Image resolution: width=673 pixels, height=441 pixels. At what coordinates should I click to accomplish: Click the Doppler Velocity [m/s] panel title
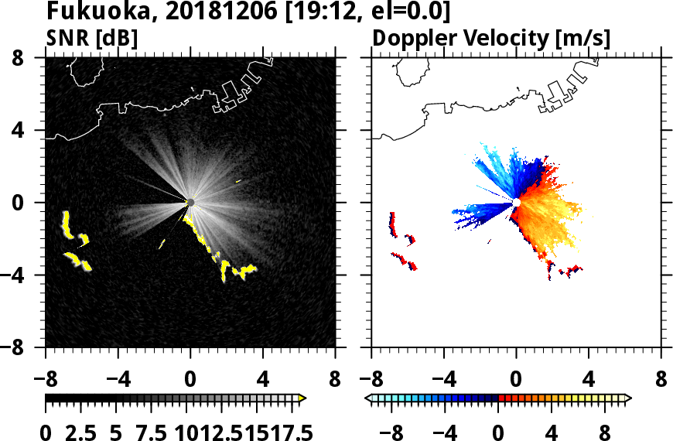(x=492, y=38)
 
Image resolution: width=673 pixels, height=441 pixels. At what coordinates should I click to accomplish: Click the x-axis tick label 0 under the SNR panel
(x=190, y=381)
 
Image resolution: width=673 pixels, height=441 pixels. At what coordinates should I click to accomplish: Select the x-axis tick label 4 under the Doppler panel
(x=589, y=381)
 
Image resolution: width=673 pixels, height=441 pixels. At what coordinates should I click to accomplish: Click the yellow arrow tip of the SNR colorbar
(x=302, y=398)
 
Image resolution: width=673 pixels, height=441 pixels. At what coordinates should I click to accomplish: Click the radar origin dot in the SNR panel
(x=190, y=203)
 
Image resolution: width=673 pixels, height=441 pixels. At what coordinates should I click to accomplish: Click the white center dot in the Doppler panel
(x=516, y=203)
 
